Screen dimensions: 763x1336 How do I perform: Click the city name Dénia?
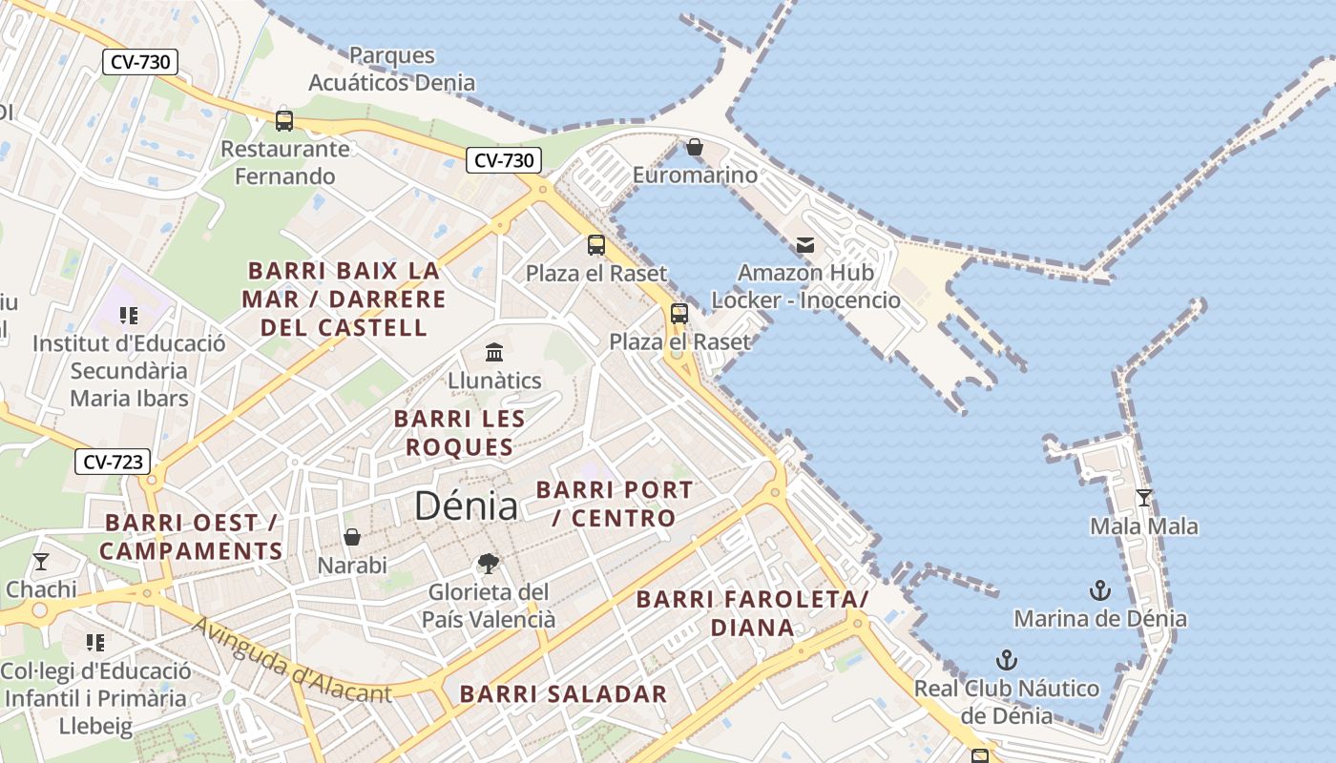[466, 505]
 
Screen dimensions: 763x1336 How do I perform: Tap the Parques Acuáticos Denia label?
[391, 69]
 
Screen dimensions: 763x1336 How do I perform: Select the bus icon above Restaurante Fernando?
[284, 121]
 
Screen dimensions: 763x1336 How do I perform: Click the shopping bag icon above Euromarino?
[695, 147]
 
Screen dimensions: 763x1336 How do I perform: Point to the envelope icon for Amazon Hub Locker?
[806, 245]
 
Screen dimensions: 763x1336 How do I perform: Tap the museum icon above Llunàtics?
[494, 353]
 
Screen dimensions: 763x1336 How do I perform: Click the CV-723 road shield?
[114, 463]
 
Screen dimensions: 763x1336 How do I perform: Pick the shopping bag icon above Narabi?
[352, 537]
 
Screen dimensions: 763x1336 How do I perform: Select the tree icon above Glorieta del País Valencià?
[489, 564]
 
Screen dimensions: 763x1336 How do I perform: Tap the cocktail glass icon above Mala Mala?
[1144, 497]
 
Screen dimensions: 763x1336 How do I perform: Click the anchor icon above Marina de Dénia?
[1100, 590]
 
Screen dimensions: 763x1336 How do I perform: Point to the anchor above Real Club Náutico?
[1006, 660]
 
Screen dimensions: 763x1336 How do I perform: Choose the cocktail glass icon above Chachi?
[41, 561]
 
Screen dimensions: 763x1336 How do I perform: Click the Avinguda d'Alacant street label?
[292, 661]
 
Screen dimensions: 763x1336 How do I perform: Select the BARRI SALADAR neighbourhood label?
[563, 694]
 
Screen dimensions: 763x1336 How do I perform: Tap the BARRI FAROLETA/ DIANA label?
[752, 613]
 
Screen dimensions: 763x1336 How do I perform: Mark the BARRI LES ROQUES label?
[459, 433]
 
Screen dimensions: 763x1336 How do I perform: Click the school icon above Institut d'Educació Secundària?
[129, 315]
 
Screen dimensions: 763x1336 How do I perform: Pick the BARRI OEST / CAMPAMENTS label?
[191, 537]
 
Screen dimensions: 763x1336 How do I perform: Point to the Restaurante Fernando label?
[285, 163]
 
